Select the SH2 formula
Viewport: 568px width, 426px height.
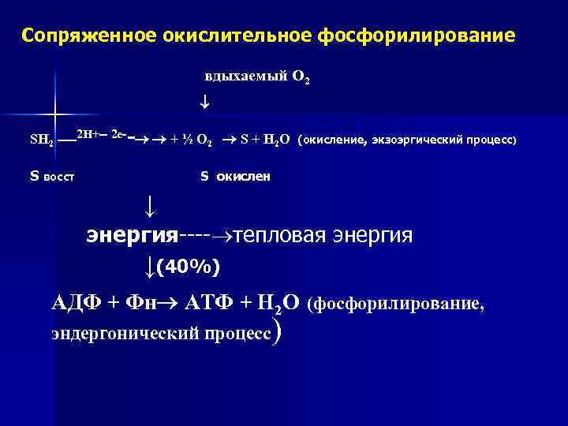pos(41,141)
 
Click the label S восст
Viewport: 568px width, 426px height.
pos(51,176)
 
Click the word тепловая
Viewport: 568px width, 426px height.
pos(283,235)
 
